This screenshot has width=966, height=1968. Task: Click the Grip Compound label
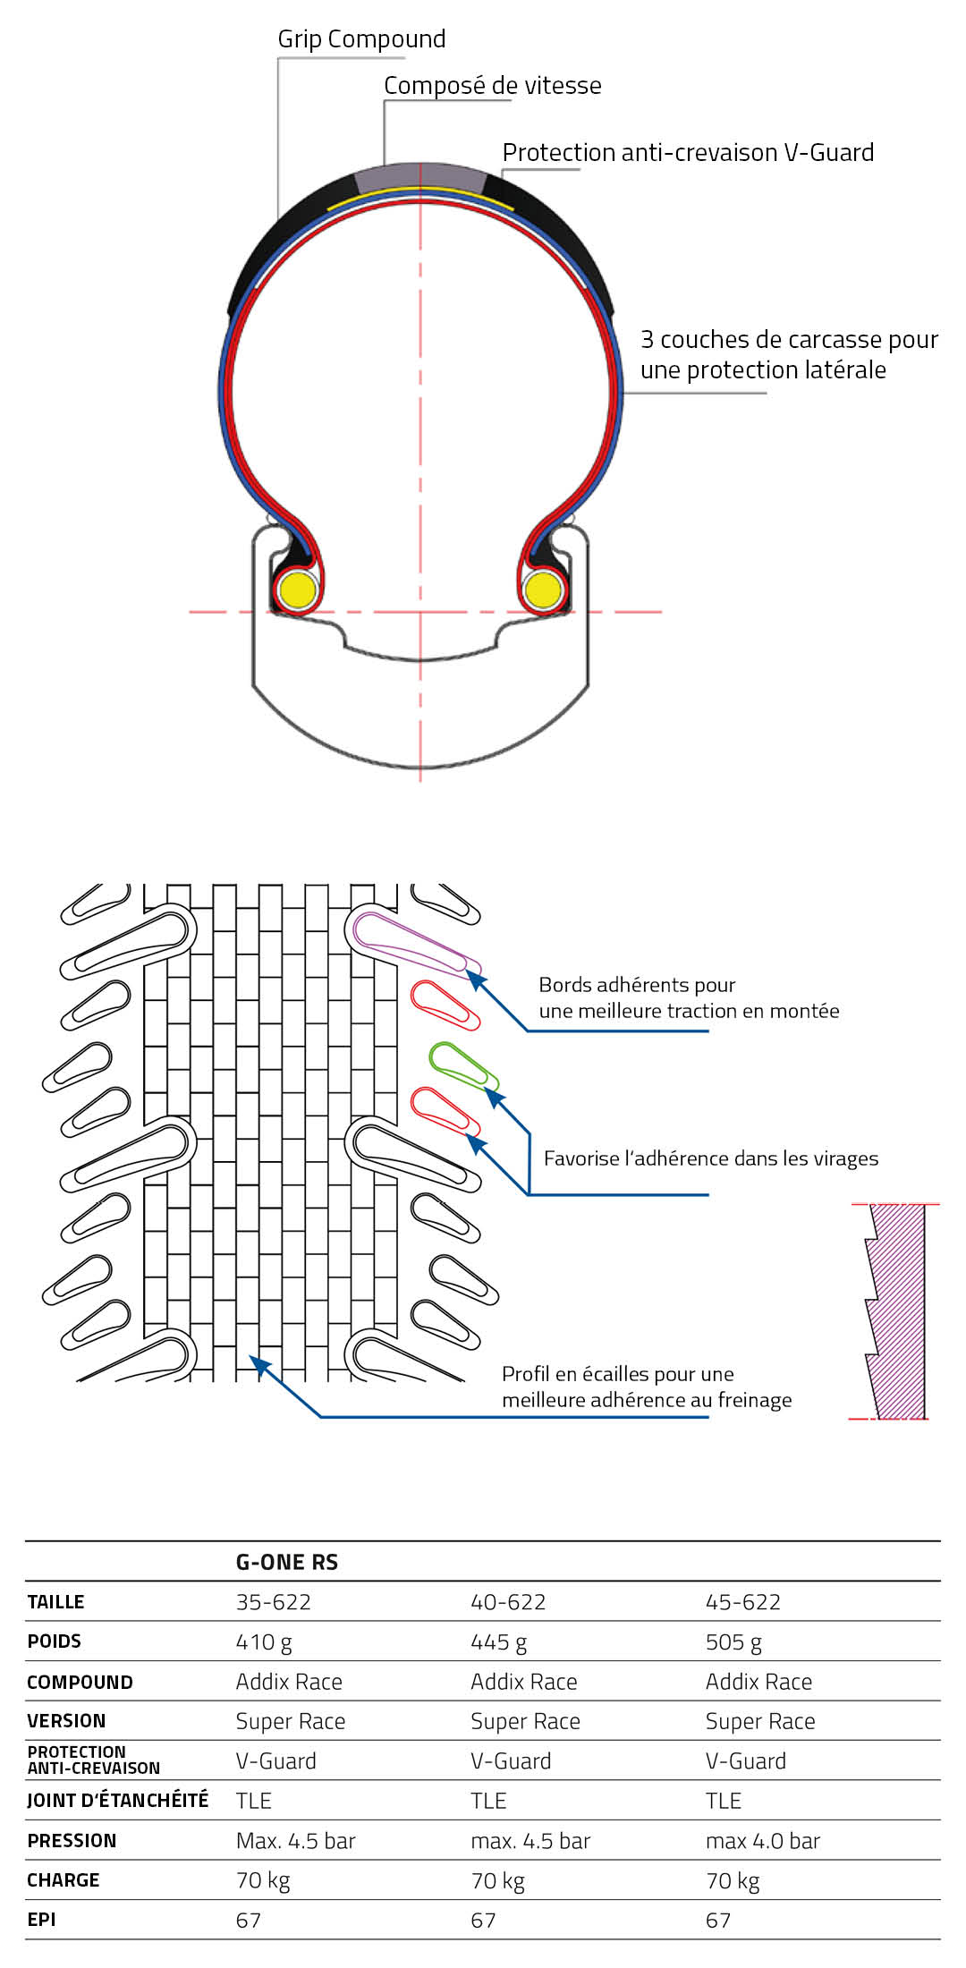coord(361,39)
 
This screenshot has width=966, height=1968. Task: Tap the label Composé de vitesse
coord(492,86)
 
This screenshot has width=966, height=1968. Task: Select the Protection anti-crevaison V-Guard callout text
coord(687,153)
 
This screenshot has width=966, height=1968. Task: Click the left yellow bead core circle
coord(296,590)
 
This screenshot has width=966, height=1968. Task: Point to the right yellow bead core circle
coord(542,590)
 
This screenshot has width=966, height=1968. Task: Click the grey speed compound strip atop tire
coord(419,174)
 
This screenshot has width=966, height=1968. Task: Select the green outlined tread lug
coord(461,1065)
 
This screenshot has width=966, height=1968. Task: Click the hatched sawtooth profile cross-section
coord(898,1311)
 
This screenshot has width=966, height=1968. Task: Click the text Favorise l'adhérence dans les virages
coord(710,1158)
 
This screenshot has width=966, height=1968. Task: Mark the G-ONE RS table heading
coord(286,1562)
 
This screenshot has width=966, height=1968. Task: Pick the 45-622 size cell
coord(742,1601)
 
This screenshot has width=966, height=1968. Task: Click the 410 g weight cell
coord(264,1641)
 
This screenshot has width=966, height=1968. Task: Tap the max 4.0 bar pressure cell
coord(762,1840)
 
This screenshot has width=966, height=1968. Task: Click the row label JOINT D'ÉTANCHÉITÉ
coord(117,1800)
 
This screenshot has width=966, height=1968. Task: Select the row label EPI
coord(41,1919)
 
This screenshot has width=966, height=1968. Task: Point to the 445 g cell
coord(498,1641)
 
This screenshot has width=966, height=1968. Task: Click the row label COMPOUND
coord(80,1682)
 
